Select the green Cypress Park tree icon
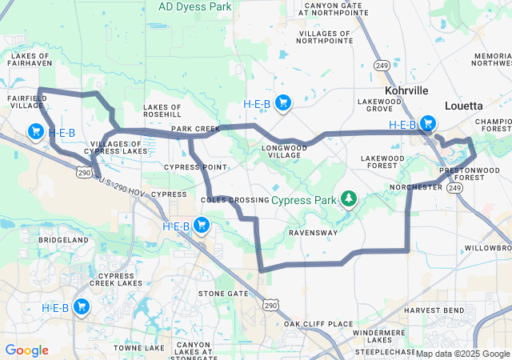point(348,198)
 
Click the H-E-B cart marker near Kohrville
point(429,123)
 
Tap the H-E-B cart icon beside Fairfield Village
point(35,131)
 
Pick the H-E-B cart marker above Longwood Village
point(282,102)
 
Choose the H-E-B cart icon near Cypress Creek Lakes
point(82,306)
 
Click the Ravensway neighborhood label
point(313,233)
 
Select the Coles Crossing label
point(234,199)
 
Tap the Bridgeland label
point(63,240)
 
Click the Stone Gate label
point(223,294)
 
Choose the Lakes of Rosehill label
point(163,110)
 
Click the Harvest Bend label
point(434,310)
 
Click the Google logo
point(26,350)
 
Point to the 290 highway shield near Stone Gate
point(272,305)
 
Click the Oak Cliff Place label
point(318,324)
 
